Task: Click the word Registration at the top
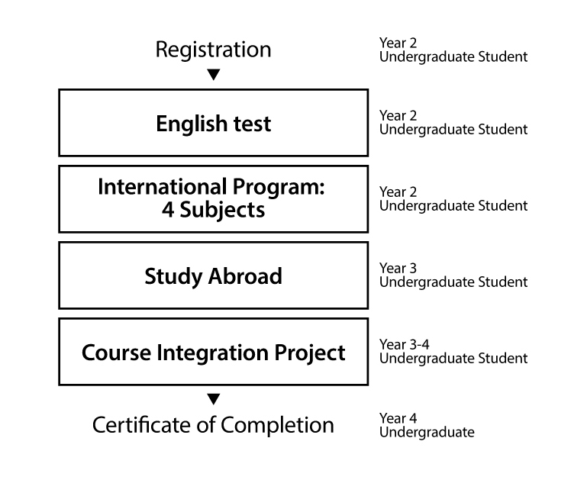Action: tap(214, 50)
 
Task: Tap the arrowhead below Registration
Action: tap(214, 75)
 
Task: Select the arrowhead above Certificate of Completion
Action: tap(214, 399)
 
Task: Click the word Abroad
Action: tap(245, 275)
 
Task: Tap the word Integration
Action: tap(213, 353)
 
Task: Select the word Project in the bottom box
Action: tap(310, 353)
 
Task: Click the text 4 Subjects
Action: tap(214, 210)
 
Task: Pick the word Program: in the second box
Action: tap(279, 188)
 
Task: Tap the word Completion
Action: tap(277, 426)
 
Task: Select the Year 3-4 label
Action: tap(405, 344)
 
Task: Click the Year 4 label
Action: tap(398, 418)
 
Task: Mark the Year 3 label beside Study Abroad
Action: tap(398, 268)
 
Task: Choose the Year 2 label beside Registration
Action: tap(398, 43)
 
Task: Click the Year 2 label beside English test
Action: tap(398, 116)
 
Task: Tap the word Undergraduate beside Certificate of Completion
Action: tap(427, 433)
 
